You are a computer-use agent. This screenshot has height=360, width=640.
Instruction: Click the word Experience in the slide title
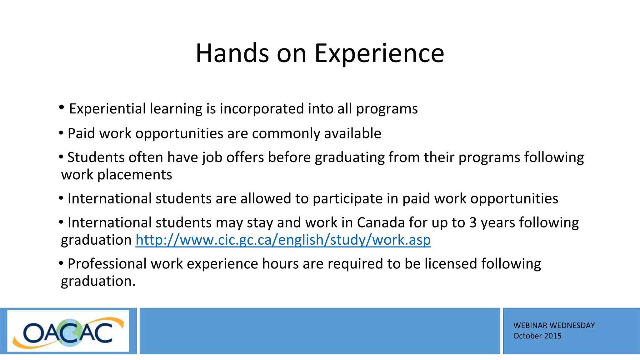tap(379, 54)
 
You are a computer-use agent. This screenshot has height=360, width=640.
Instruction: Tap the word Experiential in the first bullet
tap(107, 109)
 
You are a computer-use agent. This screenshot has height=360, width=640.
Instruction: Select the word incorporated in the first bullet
tap(262, 109)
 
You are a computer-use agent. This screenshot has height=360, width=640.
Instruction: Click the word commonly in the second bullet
tap(286, 134)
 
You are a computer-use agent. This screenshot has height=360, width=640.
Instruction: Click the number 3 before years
tap(473, 223)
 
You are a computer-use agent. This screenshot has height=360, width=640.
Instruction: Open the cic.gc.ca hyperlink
tap(283, 240)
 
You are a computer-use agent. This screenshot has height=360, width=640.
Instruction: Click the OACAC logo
tap(68, 331)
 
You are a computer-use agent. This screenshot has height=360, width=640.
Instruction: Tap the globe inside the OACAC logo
tap(70, 332)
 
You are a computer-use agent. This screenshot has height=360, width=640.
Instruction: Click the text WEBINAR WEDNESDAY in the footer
tap(554, 326)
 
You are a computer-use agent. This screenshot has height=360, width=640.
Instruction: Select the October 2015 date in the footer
tap(537, 336)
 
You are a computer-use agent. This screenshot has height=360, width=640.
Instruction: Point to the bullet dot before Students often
tap(61, 157)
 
